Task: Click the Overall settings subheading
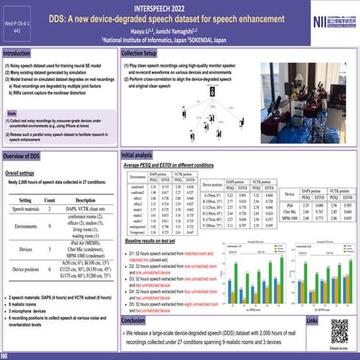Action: (22, 172)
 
